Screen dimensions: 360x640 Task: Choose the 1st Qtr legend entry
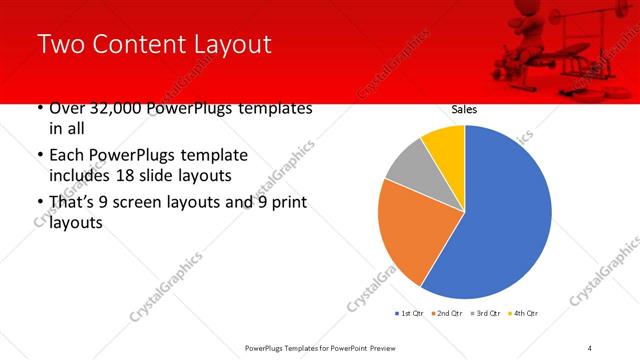[x=410, y=314]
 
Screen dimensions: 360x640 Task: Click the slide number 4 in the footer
[x=590, y=348]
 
